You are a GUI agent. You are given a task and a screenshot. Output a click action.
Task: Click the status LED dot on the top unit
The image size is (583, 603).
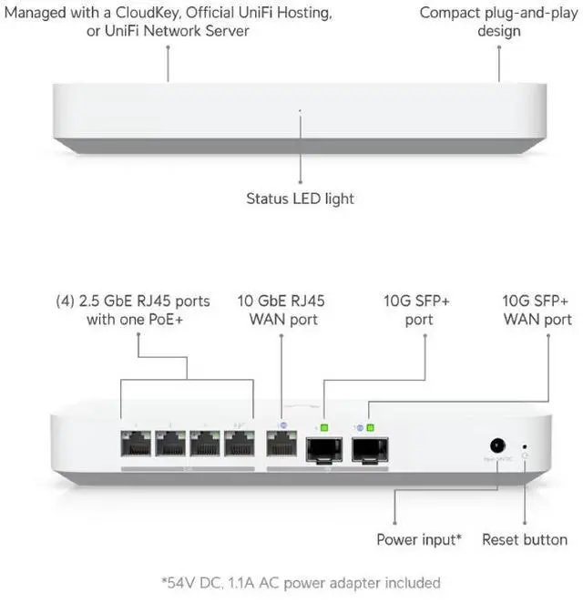(300, 111)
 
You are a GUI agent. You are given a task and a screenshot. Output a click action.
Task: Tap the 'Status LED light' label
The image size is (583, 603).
(300, 198)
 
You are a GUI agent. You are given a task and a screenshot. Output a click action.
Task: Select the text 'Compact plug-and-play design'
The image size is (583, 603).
(499, 22)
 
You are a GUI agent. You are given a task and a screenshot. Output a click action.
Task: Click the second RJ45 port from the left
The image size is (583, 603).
(170, 445)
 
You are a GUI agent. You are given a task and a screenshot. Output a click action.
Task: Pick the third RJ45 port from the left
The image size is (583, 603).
(205, 445)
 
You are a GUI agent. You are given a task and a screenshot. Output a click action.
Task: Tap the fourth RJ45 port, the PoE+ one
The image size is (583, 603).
(240, 445)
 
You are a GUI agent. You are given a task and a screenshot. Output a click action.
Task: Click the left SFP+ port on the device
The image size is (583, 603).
(324, 448)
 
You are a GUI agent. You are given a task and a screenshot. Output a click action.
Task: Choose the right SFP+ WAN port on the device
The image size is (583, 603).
(370, 448)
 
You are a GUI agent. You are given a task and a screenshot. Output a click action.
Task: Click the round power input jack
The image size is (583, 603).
(498, 445)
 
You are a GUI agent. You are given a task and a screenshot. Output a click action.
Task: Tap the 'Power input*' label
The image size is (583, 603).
(419, 539)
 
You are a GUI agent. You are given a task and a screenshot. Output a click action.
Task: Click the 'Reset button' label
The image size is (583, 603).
(526, 539)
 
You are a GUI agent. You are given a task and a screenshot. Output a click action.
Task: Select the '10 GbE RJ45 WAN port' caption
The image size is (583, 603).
(281, 310)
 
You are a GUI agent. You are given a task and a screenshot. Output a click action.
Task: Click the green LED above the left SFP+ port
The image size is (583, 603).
(325, 426)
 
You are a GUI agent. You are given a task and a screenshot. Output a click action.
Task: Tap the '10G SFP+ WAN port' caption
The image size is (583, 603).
(537, 310)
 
